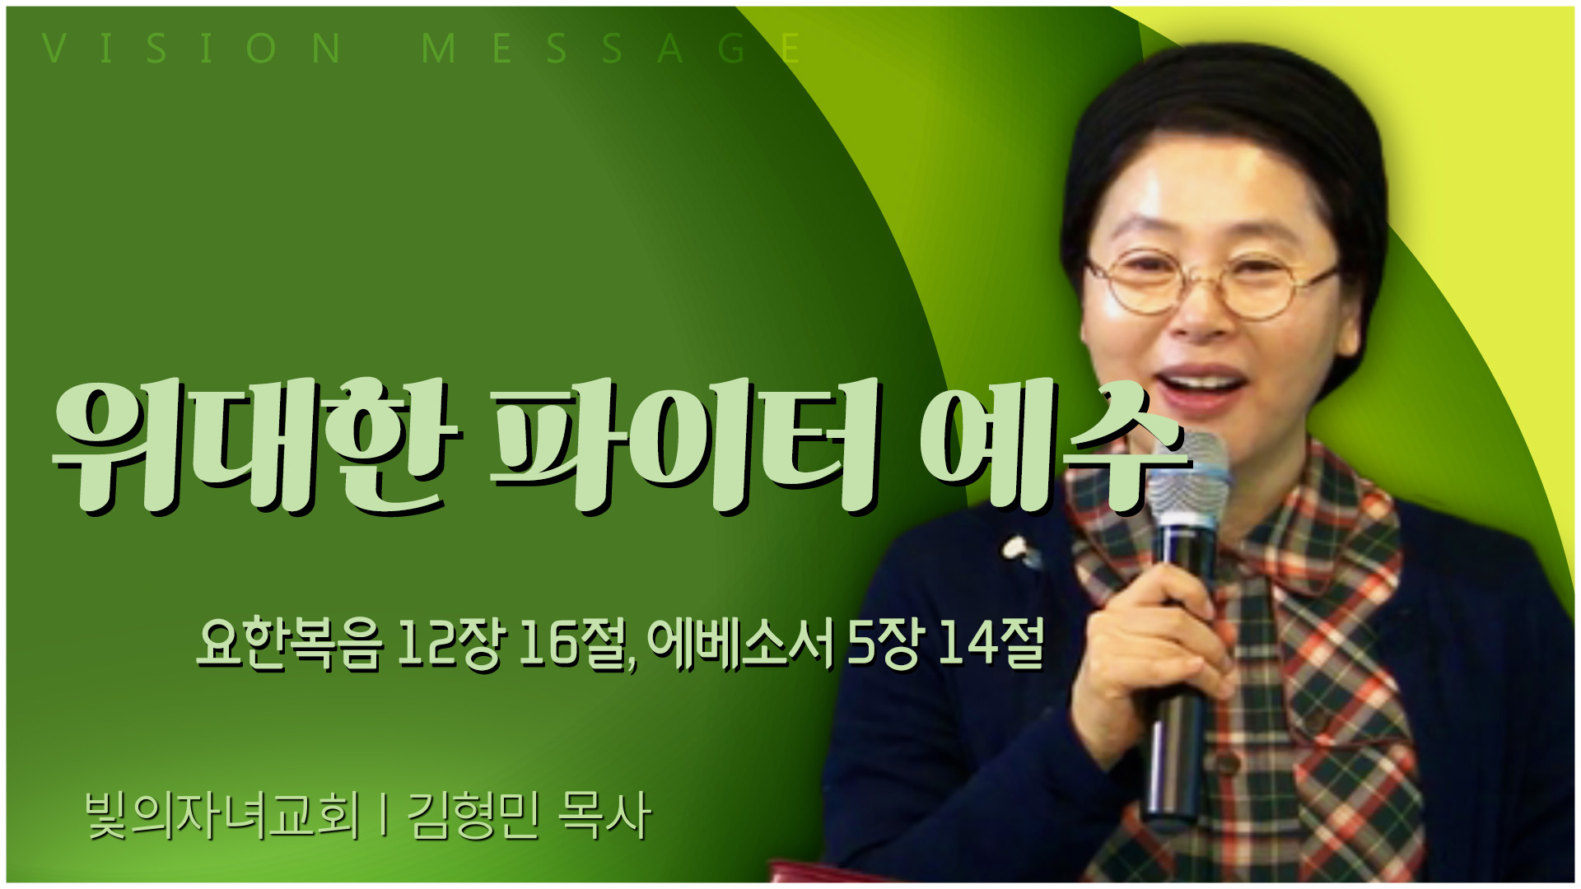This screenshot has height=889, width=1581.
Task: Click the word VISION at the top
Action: coord(192,49)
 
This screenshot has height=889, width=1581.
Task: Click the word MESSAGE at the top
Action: coord(610,49)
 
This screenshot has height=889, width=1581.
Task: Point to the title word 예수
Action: coord(1055,444)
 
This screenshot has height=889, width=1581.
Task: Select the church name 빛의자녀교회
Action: coord(223,816)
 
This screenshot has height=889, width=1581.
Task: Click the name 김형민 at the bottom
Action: coord(473,816)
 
